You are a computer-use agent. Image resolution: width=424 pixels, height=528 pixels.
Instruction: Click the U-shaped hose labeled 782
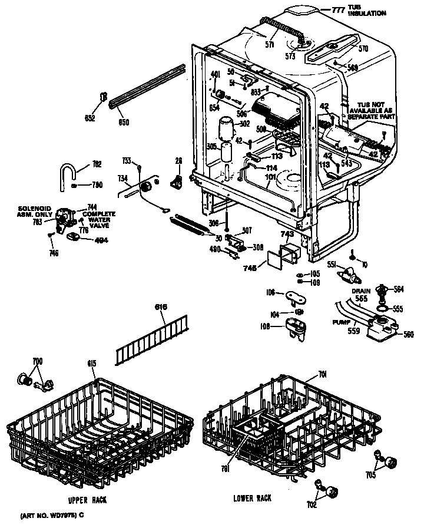[67, 174]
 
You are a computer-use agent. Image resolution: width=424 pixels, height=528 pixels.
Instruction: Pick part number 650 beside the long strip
[124, 122]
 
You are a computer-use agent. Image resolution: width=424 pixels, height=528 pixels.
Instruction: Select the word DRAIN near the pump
[360, 291]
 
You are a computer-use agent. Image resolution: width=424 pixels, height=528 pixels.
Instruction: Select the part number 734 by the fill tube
[122, 178]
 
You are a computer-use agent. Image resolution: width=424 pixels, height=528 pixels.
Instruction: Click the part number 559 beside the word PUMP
[353, 331]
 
